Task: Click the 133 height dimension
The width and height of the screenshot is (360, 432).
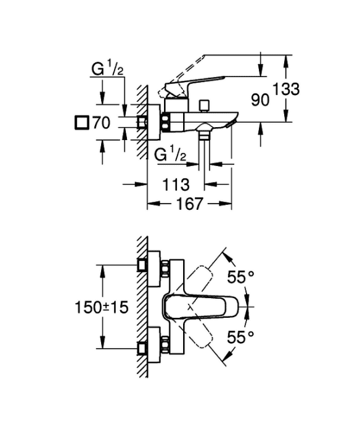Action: pyautogui.click(x=286, y=89)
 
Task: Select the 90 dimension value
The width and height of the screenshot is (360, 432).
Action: pyautogui.click(x=260, y=100)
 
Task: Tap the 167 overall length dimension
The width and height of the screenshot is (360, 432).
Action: pyautogui.click(x=189, y=204)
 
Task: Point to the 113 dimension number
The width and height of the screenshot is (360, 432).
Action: pyautogui.click(x=176, y=185)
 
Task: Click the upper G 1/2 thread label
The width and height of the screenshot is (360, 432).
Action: pyautogui.click(x=107, y=69)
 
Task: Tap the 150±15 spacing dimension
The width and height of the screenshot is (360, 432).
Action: pyautogui.click(x=102, y=307)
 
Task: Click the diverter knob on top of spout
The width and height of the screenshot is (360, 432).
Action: pyautogui.click(x=205, y=106)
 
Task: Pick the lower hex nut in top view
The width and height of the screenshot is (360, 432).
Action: pyautogui.click(x=165, y=344)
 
